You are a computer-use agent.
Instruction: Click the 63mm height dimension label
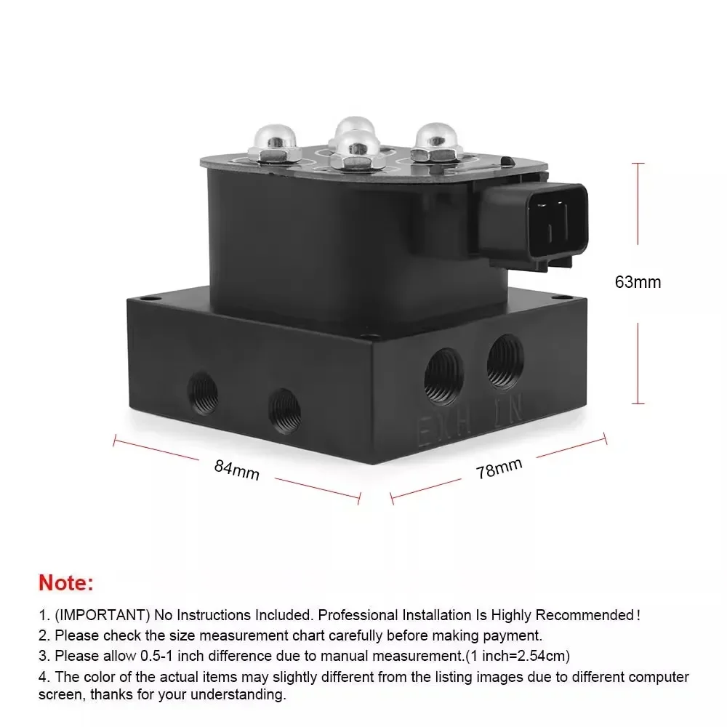click(x=638, y=281)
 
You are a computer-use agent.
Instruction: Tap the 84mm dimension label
click(x=236, y=470)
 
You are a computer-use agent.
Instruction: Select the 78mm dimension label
click(x=499, y=469)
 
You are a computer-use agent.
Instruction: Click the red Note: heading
click(x=66, y=582)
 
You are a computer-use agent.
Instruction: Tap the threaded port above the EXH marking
click(x=443, y=376)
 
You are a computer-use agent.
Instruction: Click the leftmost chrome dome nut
click(x=270, y=140)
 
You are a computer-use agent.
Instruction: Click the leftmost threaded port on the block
click(x=204, y=393)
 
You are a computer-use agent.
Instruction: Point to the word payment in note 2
click(x=516, y=636)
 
